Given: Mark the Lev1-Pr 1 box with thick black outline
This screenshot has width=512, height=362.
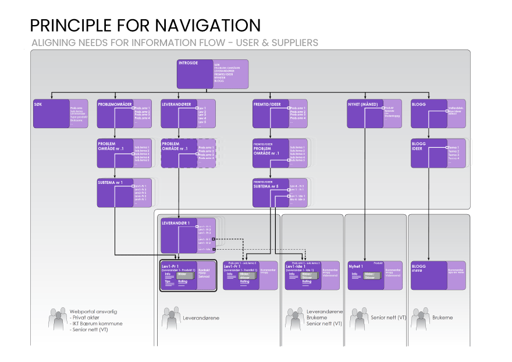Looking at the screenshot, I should point(188,275).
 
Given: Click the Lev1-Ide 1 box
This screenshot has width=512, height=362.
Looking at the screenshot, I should point(312,275).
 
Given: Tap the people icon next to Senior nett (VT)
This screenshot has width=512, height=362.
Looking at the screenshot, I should point(359,318).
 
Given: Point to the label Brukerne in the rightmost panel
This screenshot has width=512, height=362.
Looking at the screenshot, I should point(442,318).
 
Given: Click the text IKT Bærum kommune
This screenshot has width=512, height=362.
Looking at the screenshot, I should point(98,324).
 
